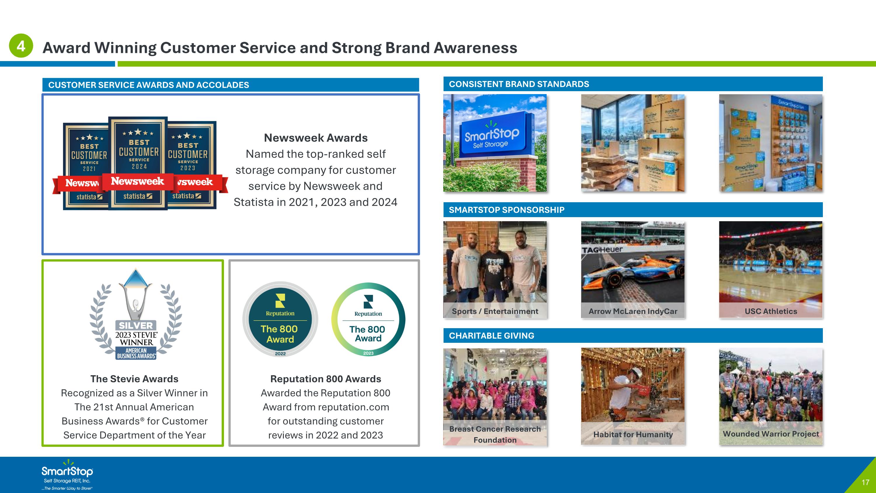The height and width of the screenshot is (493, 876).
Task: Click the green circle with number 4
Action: click(21, 46)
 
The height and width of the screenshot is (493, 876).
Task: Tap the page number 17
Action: click(865, 482)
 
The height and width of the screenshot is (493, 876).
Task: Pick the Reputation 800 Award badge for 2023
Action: click(368, 319)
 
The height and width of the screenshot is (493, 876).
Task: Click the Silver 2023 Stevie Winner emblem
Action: click(136, 315)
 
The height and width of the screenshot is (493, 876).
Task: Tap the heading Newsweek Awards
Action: click(316, 138)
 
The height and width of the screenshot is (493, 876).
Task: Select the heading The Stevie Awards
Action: click(134, 379)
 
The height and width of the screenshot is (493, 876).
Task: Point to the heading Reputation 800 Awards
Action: click(326, 379)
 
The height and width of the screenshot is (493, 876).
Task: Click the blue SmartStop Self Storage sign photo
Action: click(495, 143)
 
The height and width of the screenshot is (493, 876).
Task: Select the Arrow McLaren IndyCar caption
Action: click(632, 311)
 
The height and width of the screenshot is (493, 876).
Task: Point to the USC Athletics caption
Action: click(771, 311)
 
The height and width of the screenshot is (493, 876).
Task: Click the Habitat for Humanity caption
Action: click(632, 434)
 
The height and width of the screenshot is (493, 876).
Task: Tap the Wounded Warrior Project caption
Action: click(771, 433)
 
